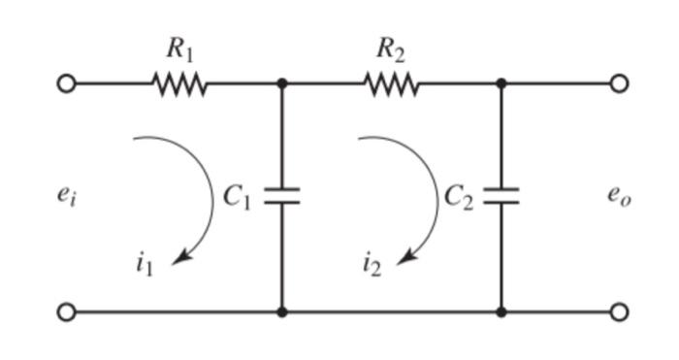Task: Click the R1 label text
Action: [180, 49]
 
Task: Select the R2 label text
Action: [391, 49]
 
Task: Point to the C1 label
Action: [238, 197]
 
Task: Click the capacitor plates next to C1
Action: [282, 196]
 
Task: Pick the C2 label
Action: [459, 197]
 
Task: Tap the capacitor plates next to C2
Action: [501, 196]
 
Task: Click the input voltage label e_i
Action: [63, 195]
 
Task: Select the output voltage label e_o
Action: [619, 195]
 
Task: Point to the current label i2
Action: [372, 264]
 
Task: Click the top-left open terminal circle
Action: [66, 84]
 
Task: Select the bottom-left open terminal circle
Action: [66, 312]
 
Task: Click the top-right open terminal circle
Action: [620, 84]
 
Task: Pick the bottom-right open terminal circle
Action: [620, 312]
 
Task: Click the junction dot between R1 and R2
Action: [282, 84]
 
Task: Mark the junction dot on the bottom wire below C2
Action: [501, 312]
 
